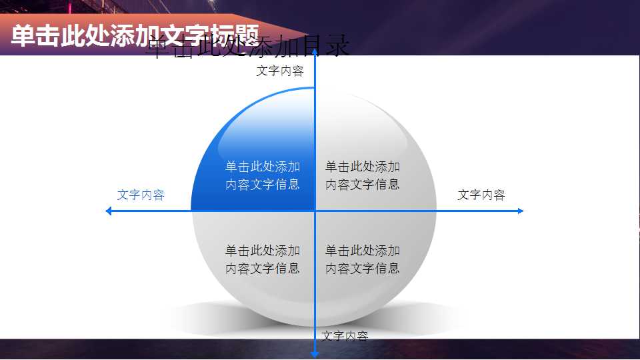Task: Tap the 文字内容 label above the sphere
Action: tap(280, 71)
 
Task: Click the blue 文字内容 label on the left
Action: tap(141, 195)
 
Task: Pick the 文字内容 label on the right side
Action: tap(481, 195)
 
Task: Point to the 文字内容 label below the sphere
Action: tap(345, 336)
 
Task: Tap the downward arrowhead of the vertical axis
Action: tap(315, 353)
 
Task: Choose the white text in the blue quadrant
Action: tap(262, 175)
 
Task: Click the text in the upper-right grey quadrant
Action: tap(363, 175)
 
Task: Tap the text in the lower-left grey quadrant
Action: tap(262, 259)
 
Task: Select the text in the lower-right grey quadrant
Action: tap(363, 259)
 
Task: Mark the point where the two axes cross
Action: tap(315, 211)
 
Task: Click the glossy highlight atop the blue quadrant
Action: tap(267, 123)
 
